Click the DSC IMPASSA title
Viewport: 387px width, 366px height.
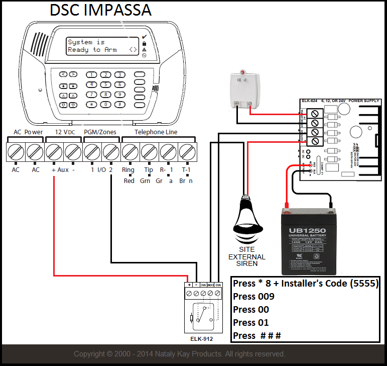click(100, 10)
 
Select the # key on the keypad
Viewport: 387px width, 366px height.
click(119, 105)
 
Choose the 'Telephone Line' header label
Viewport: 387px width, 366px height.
click(156, 132)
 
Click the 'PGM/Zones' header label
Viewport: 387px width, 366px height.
click(100, 132)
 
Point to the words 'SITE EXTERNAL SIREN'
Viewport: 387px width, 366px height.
click(246, 256)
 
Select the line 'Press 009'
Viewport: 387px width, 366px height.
click(253, 296)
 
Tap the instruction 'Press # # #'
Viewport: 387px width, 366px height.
click(256, 335)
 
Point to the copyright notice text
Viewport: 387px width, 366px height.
click(179, 354)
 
